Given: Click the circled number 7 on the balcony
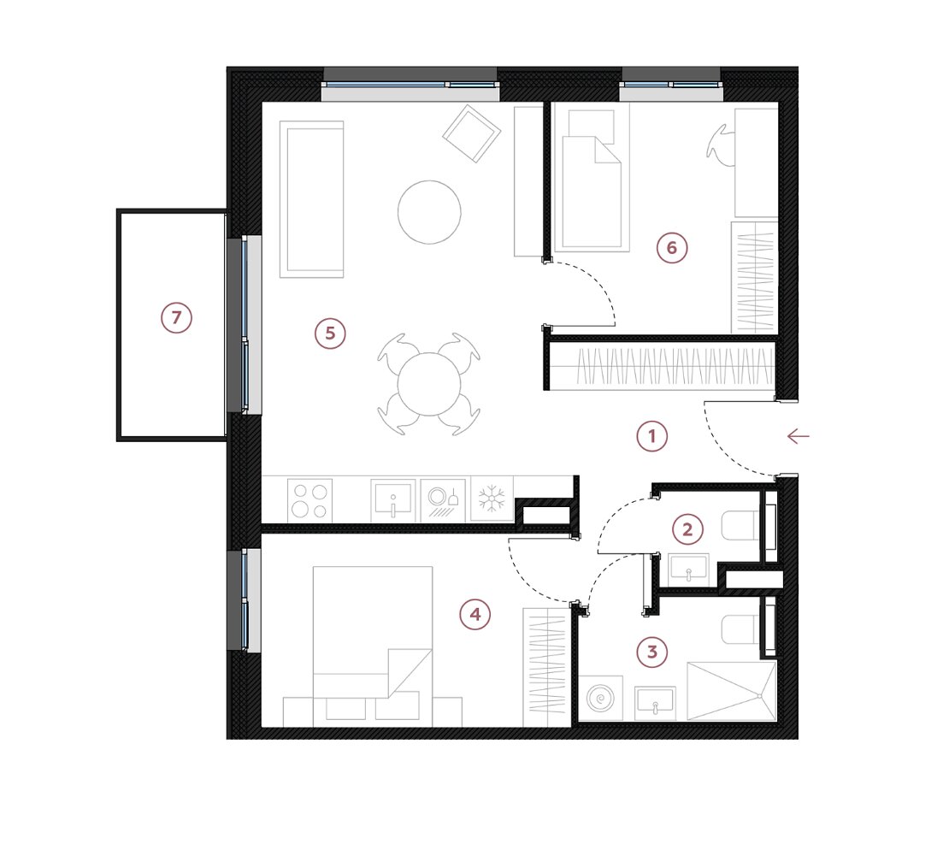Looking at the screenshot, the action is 176,318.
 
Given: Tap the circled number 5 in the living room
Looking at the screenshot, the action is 330,333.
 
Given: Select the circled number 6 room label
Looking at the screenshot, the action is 672,248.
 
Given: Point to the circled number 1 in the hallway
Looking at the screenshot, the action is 651,436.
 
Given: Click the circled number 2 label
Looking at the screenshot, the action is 687,529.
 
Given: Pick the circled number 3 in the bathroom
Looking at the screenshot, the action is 651,652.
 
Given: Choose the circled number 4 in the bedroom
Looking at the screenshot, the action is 475,615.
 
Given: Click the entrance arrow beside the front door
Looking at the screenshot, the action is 799,436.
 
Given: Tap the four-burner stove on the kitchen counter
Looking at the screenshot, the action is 309,500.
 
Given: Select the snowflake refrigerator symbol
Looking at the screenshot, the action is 492,499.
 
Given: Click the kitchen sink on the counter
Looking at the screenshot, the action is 392,500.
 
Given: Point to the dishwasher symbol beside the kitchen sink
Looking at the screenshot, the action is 443,500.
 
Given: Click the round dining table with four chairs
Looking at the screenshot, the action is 429,384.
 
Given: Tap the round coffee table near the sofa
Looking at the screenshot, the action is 429,212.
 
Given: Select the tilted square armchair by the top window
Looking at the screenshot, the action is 471,133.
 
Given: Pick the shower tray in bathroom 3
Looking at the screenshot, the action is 731,692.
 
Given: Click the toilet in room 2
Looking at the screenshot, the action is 740,526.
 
